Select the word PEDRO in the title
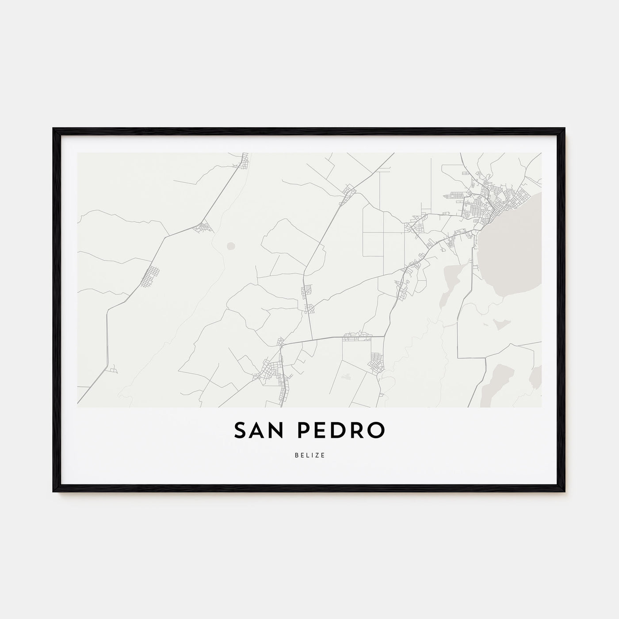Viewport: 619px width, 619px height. (x=339, y=431)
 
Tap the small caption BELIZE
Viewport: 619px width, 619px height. (x=309, y=455)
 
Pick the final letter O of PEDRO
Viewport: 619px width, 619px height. (x=374, y=431)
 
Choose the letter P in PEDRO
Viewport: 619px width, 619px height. (x=305, y=431)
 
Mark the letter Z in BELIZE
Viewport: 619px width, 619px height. (x=318, y=455)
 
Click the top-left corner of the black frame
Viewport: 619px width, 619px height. (x=53, y=129)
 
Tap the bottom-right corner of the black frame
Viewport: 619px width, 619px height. (x=565, y=491)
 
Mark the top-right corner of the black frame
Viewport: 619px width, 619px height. (x=565, y=129)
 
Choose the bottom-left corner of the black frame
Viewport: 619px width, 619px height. (x=53, y=491)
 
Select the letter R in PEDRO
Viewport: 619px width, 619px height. (x=357, y=431)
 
